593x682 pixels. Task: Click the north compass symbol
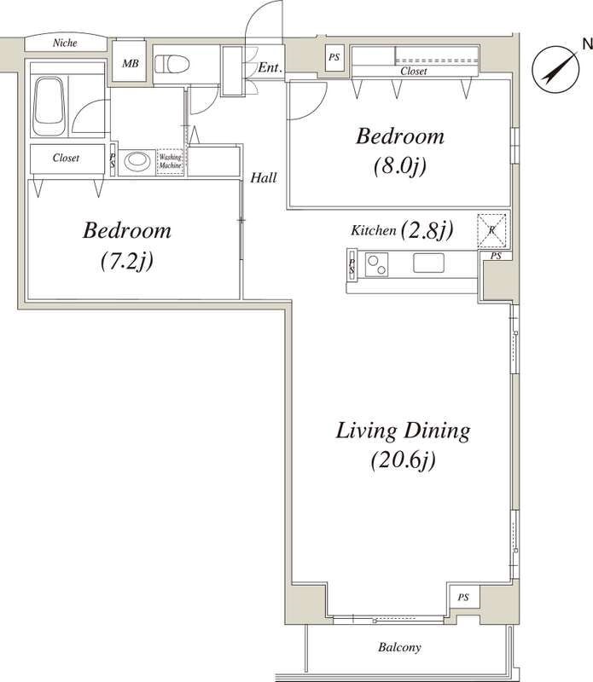[x=552, y=67]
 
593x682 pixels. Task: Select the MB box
[x=131, y=62]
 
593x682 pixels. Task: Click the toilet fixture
[x=173, y=64]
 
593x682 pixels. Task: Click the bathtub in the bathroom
[x=51, y=105]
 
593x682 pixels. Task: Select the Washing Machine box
[x=170, y=162]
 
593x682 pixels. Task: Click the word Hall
[x=262, y=177]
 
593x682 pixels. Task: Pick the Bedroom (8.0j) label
[x=399, y=150]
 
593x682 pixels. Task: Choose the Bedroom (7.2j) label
[x=127, y=245]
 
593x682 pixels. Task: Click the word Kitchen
[x=373, y=230]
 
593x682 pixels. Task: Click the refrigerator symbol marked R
[x=492, y=228]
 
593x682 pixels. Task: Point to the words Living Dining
[x=403, y=431]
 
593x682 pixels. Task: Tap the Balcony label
[x=399, y=648]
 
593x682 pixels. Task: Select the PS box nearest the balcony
[x=463, y=597]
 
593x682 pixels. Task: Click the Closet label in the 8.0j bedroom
[x=414, y=72]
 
